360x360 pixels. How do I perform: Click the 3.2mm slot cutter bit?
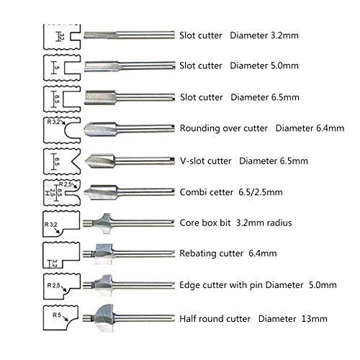pos(129,35)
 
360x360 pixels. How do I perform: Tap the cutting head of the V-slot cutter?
pos(100,160)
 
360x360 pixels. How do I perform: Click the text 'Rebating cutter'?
pos(212,253)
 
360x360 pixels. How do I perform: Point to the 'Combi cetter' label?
pos(207,192)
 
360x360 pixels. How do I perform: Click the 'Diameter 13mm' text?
pos(293,319)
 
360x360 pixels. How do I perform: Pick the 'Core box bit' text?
pos(205,222)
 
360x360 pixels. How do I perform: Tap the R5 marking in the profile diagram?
pos(57,315)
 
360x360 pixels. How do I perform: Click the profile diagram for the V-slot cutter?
pos(62,161)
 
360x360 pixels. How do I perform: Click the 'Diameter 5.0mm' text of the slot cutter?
pos(264,66)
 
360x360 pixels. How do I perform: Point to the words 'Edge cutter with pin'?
pos(221,285)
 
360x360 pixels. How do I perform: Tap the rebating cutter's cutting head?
pos(104,254)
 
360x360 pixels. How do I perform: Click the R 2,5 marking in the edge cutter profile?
pos(53,285)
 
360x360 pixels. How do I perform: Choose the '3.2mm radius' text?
pos(264,222)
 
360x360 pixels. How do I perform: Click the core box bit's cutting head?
pos(104,223)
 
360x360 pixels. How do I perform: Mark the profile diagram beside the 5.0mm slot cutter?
pos(62,68)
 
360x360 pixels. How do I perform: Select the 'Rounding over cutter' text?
pos(224,128)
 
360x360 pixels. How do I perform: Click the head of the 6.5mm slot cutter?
pos(100,97)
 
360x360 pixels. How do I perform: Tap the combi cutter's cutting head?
pos(100,192)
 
